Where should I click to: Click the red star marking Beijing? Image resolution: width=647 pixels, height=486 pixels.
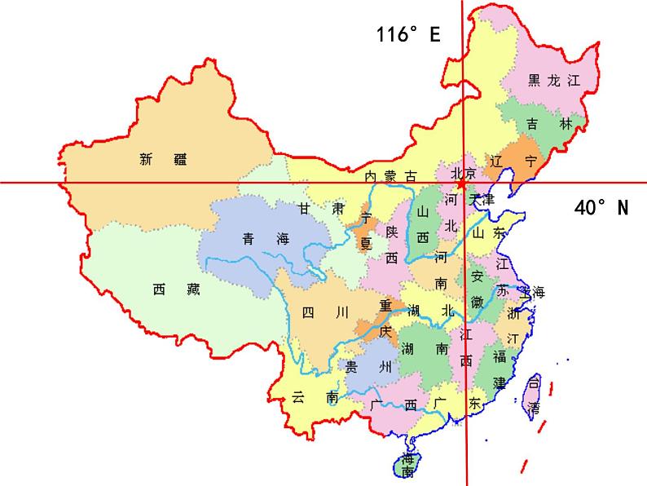462,185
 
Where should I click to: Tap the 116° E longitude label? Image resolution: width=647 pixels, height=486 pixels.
407,34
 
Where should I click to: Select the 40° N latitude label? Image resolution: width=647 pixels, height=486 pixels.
601,208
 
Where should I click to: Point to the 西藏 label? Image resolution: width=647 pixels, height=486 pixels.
170,289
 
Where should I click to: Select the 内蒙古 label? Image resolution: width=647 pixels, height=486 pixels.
390,176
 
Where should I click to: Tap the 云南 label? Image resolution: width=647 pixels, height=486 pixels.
315,398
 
